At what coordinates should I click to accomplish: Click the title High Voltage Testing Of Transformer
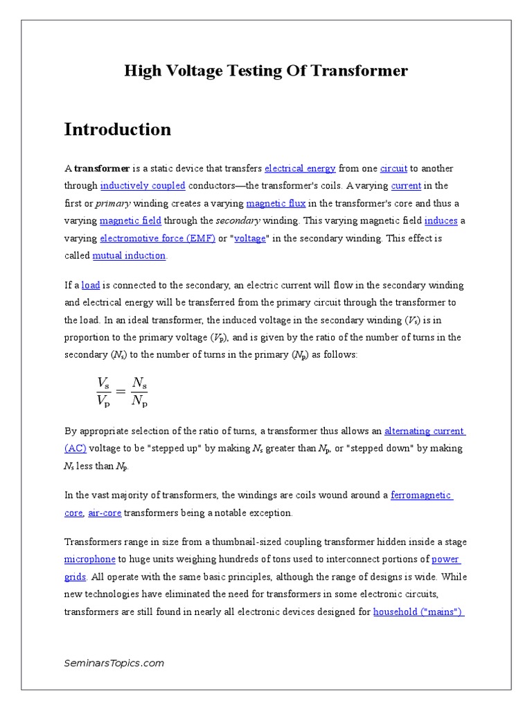[x=266, y=71]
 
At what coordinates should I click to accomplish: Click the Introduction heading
[x=118, y=130]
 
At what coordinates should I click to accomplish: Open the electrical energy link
[x=300, y=168]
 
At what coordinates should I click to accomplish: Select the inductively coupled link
[x=143, y=186]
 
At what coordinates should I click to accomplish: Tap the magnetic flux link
[x=276, y=203]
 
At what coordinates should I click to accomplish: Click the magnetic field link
[x=130, y=220]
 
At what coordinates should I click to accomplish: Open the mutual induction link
[x=130, y=255]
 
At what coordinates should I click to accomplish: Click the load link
[x=91, y=285]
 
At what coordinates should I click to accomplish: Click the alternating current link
[x=424, y=431]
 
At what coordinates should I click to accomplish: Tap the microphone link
[x=89, y=559]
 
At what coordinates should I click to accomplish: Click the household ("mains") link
[x=418, y=612]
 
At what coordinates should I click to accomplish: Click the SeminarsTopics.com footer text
[x=114, y=663]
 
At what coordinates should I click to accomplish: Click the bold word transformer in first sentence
[x=102, y=168]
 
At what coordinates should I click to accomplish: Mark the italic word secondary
[x=238, y=220]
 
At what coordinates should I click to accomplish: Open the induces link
[x=441, y=220]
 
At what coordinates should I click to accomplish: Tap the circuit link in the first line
[x=393, y=168]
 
